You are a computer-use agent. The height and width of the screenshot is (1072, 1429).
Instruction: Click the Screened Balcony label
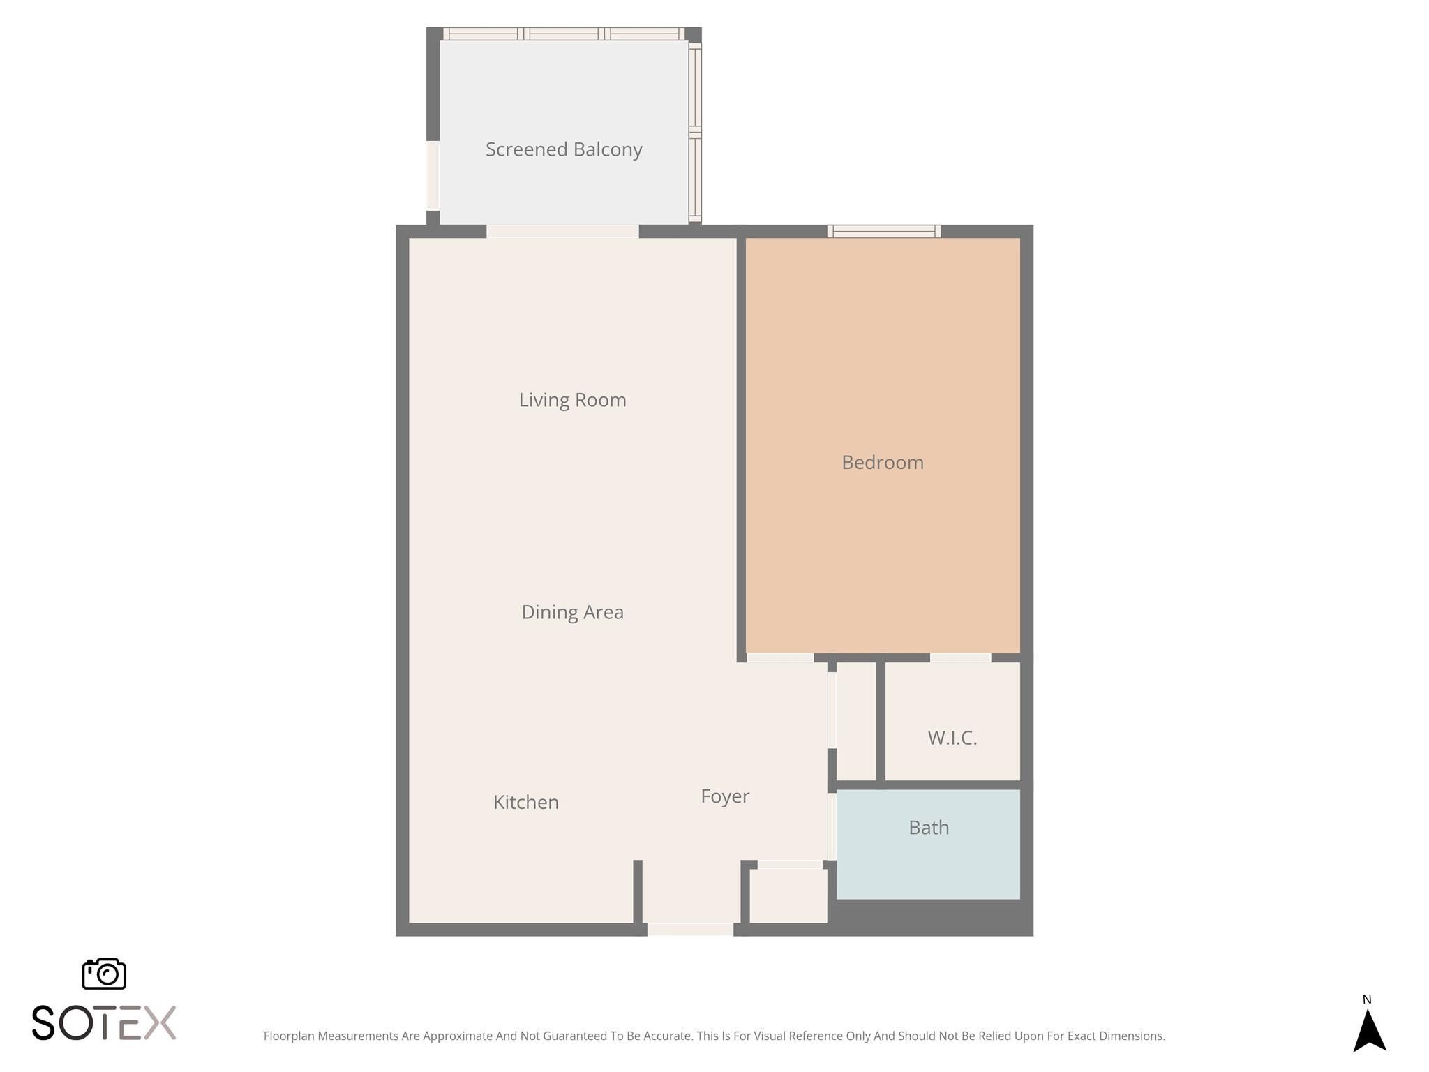563,149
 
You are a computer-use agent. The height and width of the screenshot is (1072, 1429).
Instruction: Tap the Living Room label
572,400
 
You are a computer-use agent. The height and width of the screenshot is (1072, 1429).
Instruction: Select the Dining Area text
572,612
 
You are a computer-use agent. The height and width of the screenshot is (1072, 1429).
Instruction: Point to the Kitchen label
525,803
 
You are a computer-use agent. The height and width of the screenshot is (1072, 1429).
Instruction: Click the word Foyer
725,796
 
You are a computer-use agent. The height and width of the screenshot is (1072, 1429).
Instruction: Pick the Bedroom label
882,462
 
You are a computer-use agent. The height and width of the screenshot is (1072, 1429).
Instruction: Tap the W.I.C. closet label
952,738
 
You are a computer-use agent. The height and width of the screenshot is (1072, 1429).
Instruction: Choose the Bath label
929,828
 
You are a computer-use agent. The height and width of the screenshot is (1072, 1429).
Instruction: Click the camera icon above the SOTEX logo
104,974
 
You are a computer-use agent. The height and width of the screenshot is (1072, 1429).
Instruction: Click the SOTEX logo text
104,1022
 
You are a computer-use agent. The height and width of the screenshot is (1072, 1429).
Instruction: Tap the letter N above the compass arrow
1367,999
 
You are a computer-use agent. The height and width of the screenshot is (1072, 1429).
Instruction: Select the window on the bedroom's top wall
883,231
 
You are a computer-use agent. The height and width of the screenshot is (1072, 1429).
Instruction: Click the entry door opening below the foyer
690,929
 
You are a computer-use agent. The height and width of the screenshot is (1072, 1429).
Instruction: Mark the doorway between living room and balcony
562,231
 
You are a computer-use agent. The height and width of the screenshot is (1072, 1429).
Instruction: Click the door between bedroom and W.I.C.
960,657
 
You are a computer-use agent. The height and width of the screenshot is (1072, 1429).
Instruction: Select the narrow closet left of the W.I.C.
855,720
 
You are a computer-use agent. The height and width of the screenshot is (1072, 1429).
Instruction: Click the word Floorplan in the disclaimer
288,1036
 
